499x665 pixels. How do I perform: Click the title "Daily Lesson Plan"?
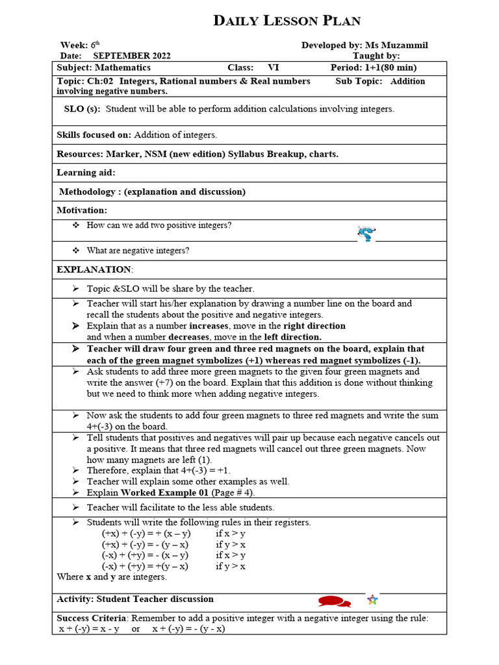tap(287, 21)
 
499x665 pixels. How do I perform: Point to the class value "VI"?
tap(273, 68)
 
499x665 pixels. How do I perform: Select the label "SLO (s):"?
tap(82, 109)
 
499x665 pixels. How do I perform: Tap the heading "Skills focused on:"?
tap(94, 135)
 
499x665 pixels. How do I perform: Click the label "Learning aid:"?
tap(86, 173)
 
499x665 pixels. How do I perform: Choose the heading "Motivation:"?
tap(82, 210)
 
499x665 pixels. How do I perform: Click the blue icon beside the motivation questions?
tap(366, 234)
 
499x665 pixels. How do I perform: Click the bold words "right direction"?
tap(314, 326)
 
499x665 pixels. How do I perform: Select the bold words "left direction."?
tap(292, 337)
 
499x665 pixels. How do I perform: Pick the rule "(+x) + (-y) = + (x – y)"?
tap(146, 533)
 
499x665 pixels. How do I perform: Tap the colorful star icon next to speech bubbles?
tap(372, 599)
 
